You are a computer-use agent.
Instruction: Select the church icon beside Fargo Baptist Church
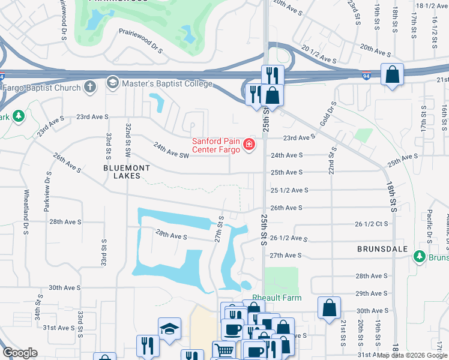point(90,87)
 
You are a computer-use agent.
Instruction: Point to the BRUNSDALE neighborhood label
point(382,248)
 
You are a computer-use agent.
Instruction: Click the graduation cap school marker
point(169,328)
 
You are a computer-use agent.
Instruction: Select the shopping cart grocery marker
point(223,350)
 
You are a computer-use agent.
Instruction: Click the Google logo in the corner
point(20,353)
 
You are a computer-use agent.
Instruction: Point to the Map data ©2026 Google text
point(412,355)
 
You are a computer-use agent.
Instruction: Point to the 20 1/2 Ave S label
point(319,57)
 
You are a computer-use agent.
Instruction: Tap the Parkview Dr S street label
point(46,190)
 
